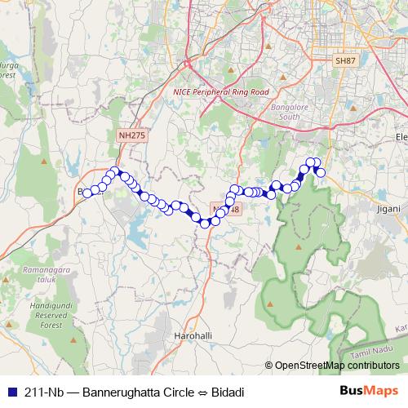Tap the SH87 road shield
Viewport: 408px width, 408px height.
coord(346,61)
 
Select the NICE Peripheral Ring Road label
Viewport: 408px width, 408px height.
coord(220,92)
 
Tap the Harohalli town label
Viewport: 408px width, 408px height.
coord(193,335)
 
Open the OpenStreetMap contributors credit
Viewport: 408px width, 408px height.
coord(337,366)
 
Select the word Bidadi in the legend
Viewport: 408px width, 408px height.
coord(228,391)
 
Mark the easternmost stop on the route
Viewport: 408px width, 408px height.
coord(321,172)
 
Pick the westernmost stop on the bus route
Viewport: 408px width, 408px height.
coord(86,192)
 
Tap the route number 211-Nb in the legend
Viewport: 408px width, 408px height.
coord(44,391)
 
